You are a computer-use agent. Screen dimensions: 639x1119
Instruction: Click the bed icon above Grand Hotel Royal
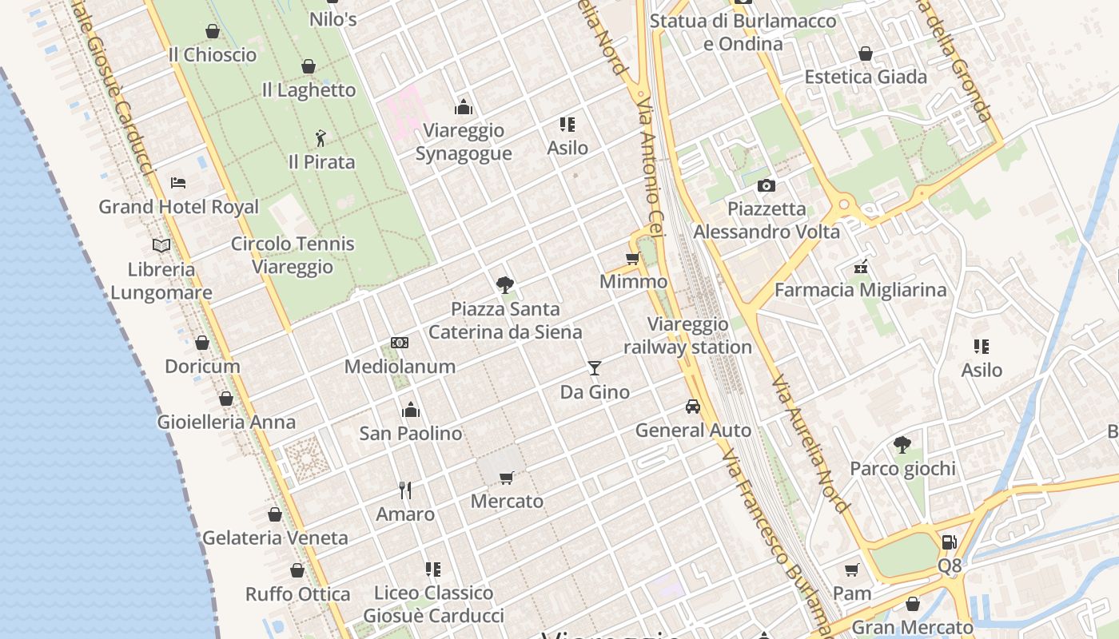pyautogui.click(x=178, y=182)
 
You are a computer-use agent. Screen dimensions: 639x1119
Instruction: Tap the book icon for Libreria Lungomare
pyautogui.click(x=161, y=245)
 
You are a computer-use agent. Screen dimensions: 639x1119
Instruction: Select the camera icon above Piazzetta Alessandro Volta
pyautogui.click(x=767, y=185)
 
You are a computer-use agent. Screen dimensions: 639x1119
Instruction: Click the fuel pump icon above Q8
pyautogui.click(x=949, y=542)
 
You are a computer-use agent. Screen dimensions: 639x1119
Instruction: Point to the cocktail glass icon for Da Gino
pyautogui.click(x=594, y=367)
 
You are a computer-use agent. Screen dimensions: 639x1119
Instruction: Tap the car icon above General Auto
pyautogui.click(x=693, y=406)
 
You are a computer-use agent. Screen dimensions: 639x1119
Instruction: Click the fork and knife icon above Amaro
pyautogui.click(x=405, y=490)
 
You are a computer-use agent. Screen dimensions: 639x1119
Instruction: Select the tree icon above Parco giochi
pyautogui.click(x=902, y=444)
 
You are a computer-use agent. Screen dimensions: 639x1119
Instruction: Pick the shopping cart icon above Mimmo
pyautogui.click(x=633, y=258)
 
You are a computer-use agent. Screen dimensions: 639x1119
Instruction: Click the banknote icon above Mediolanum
pyautogui.click(x=400, y=343)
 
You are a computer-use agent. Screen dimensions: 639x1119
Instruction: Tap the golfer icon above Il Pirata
pyautogui.click(x=321, y=138)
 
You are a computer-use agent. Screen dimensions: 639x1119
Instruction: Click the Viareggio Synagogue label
pyautogui.click(x=464, y=141)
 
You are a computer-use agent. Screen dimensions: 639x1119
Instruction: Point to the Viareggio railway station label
pyautogui.click(x=687, y=335)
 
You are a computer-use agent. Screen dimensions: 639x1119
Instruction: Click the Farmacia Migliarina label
pyautogui.click(x=860, y=289)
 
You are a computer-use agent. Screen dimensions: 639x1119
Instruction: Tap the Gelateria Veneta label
pyautogui.click(x=275, y=538)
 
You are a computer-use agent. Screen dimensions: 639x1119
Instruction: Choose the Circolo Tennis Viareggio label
pyautogui.click(x=293, y=255)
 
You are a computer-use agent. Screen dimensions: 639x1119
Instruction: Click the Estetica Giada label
pyautogui.click(x=866, y=77)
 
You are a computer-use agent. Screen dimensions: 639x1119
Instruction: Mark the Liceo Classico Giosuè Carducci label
pyautogui.click(x=434, y=604)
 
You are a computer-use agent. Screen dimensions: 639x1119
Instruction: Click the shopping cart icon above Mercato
pyautogui.click(x=506, y=478)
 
